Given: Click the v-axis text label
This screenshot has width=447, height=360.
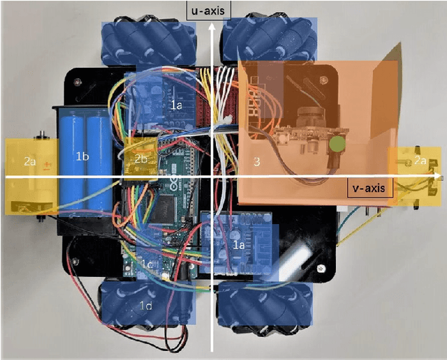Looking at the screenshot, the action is coord(370,187).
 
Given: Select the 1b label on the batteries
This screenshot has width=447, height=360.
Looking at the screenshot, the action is coord(82,157).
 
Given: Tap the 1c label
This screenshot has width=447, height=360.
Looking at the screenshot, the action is coord(146,264).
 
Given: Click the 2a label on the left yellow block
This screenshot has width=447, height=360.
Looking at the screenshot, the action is coord(29,161).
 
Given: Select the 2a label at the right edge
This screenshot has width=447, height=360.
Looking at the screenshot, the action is coord(420,160).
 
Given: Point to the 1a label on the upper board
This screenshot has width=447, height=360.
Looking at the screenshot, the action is coord(176,104).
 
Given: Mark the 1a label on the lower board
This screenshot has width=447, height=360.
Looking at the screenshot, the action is coord(238,245).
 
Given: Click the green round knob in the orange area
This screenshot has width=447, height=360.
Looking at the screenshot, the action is coord(338,144).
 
